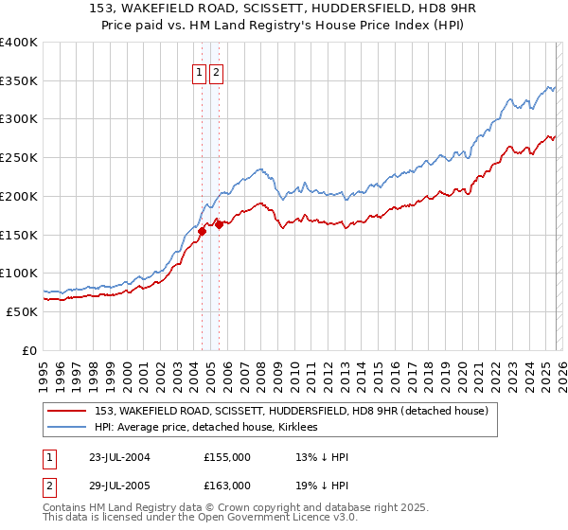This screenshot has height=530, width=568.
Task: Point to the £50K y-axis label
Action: [21, 311]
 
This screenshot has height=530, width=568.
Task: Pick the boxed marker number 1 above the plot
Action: [201, 73]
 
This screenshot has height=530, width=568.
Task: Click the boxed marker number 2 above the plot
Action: [216, 73]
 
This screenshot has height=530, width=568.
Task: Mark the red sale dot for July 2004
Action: [202, 230]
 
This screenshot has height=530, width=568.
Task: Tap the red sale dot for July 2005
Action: [219, 224]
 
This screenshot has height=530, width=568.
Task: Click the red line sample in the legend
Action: [68, 411]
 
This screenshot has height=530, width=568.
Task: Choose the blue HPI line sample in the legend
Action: [68, 427]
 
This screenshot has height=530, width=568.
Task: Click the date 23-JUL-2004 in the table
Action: [117, 457]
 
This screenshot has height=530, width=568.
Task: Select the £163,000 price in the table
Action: [227, 486]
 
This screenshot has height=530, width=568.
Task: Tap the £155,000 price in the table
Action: [227, 457]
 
